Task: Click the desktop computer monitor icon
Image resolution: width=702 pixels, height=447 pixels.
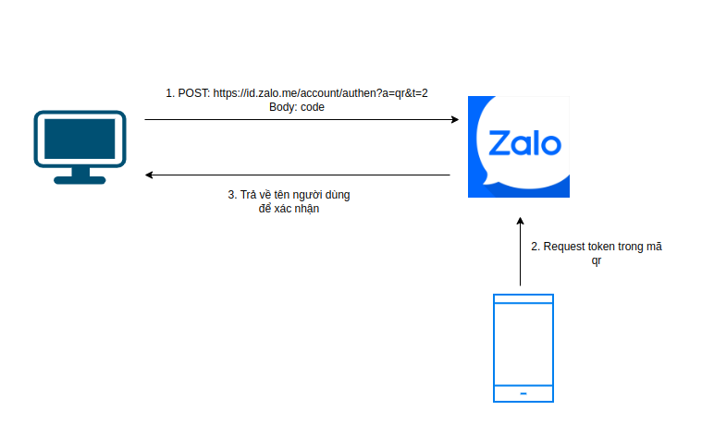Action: coord(80,147)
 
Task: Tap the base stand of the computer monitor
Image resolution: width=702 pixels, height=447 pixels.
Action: coord(80,180)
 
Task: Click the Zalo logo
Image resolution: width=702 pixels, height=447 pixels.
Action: coord(519,147)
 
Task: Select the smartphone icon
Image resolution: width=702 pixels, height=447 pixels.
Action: coord(523,348)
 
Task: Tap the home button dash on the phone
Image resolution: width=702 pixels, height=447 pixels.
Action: coord(523,393)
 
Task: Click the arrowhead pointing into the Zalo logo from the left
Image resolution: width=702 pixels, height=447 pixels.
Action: coord(455,119)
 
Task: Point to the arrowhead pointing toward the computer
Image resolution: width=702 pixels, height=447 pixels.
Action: coord(149,175)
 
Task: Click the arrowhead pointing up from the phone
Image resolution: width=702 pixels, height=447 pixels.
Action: coord(520,221)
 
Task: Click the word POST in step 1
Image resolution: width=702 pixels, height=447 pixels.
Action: coord(194,93)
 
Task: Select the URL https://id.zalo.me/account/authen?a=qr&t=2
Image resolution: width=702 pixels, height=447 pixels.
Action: coord(320,93)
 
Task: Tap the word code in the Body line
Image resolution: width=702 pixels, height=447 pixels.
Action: coord(313,107)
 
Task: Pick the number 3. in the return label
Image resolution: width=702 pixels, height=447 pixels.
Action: coord(232,195)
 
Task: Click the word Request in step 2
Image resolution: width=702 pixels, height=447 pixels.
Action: coord(564,247)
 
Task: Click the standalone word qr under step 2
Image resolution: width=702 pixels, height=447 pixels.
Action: coord(597,260)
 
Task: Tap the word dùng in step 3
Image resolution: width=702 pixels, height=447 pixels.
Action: coord(338,195)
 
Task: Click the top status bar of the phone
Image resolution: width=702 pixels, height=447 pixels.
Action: coord(523,299)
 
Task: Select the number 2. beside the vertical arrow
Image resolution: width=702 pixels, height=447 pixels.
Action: coord(536,247)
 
